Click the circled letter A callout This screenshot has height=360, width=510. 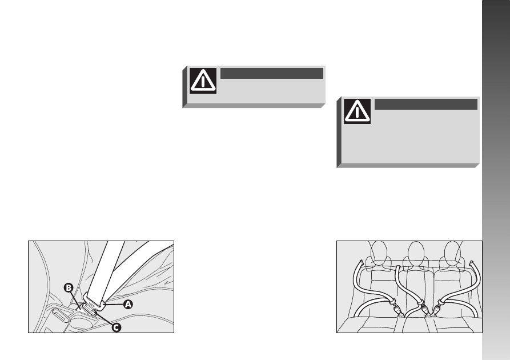pyautogui.click(x=128, y=305)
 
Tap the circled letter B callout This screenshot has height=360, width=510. pyautogui.click(x=69, y=288)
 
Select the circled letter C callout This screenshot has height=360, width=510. pyautogui.click(x=117, y=327)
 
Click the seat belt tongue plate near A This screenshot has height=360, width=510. pyautogui.click(x=94, y=301)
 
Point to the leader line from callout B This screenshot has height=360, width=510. pyautogui.click(x=75, y=301)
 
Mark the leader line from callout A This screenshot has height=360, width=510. pyautogui.click(x=114, y=305)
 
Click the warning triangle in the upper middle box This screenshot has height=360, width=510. pyautogui.click(x=203, y=81)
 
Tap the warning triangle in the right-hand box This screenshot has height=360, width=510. pyautogui.click(x=357, y=111)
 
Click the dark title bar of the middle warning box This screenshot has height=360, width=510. pyautogui.click(x=272, y=73)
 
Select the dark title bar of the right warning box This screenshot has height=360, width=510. pyautogui.click(x=425, y=104)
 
